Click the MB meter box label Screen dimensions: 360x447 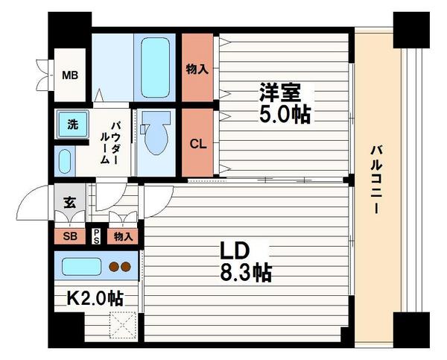[70, 75]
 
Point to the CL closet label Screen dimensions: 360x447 [197, 144]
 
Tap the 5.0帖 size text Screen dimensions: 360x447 [285, 116]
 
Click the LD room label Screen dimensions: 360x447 [232, 250]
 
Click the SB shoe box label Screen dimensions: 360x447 [67, 237]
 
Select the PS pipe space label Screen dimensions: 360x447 [96, 236]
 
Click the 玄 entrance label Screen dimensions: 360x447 [69, 202]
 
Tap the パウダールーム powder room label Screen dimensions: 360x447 [111, 142]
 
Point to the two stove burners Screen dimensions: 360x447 [119, 266]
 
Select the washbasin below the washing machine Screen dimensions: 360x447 [64, 160]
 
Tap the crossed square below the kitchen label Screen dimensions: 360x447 [122, 324]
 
